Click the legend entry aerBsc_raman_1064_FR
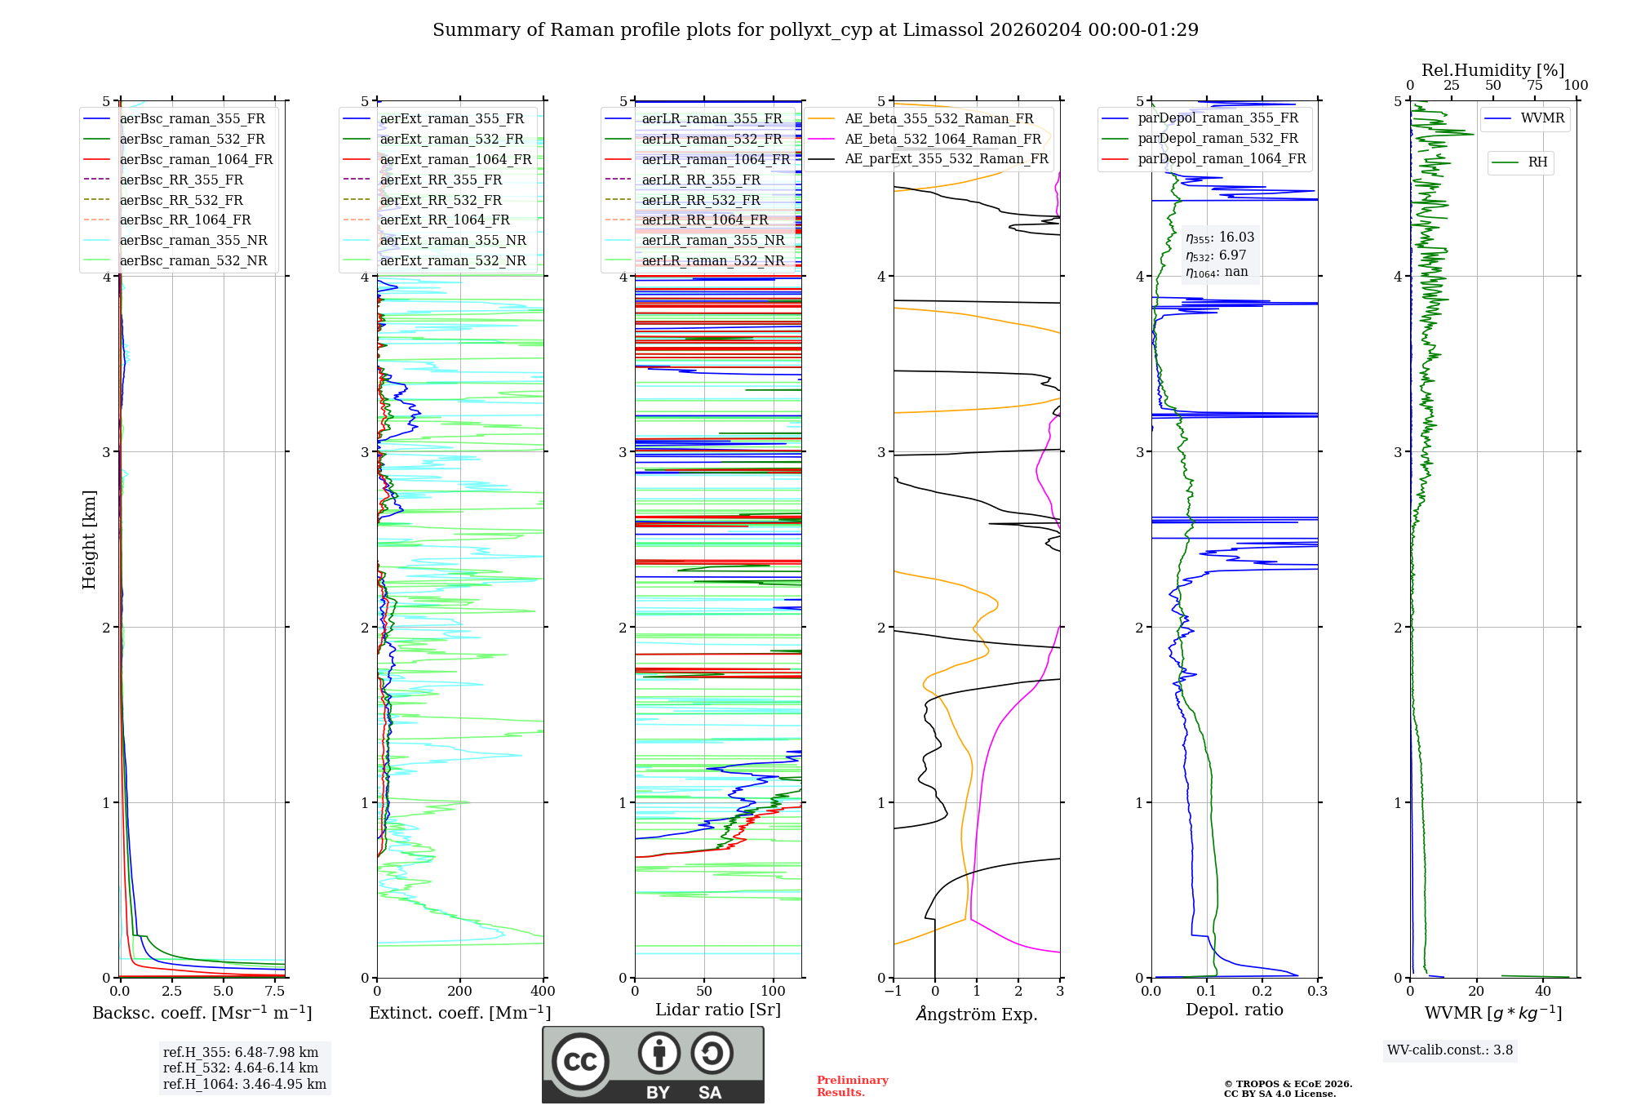(x=196, y=160)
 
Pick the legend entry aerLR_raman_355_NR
(x=712, y=241)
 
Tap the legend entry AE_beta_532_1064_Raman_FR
(x=942, y=140)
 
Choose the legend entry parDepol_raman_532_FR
(x=1217, y=139)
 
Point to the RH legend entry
(x=1537, y=162)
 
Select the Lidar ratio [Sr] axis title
(x=718, y=1010)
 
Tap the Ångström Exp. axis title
(x=977, y=1014)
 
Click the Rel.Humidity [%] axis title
(x=1492, y=70)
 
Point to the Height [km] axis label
(x=89, y=539)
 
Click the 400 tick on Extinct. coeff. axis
(x=543, y=992)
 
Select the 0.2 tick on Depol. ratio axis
(x=1262, y=992)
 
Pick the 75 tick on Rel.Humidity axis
(x=1534, y=86)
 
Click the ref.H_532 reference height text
(x=241, y=1068)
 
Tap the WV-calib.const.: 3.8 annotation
(x=1450, y=1050)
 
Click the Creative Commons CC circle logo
(x=580, y=1062)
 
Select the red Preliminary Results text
(x=852, y=1086)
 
